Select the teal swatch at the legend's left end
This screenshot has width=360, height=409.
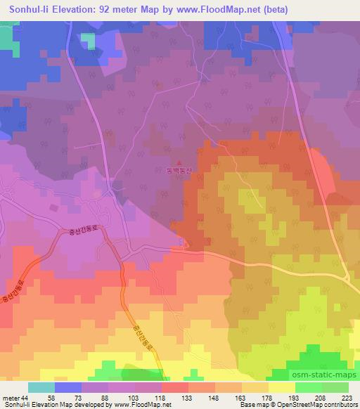(x=41, y=387)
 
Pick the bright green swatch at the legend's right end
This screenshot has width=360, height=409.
(x=335, y=387)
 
